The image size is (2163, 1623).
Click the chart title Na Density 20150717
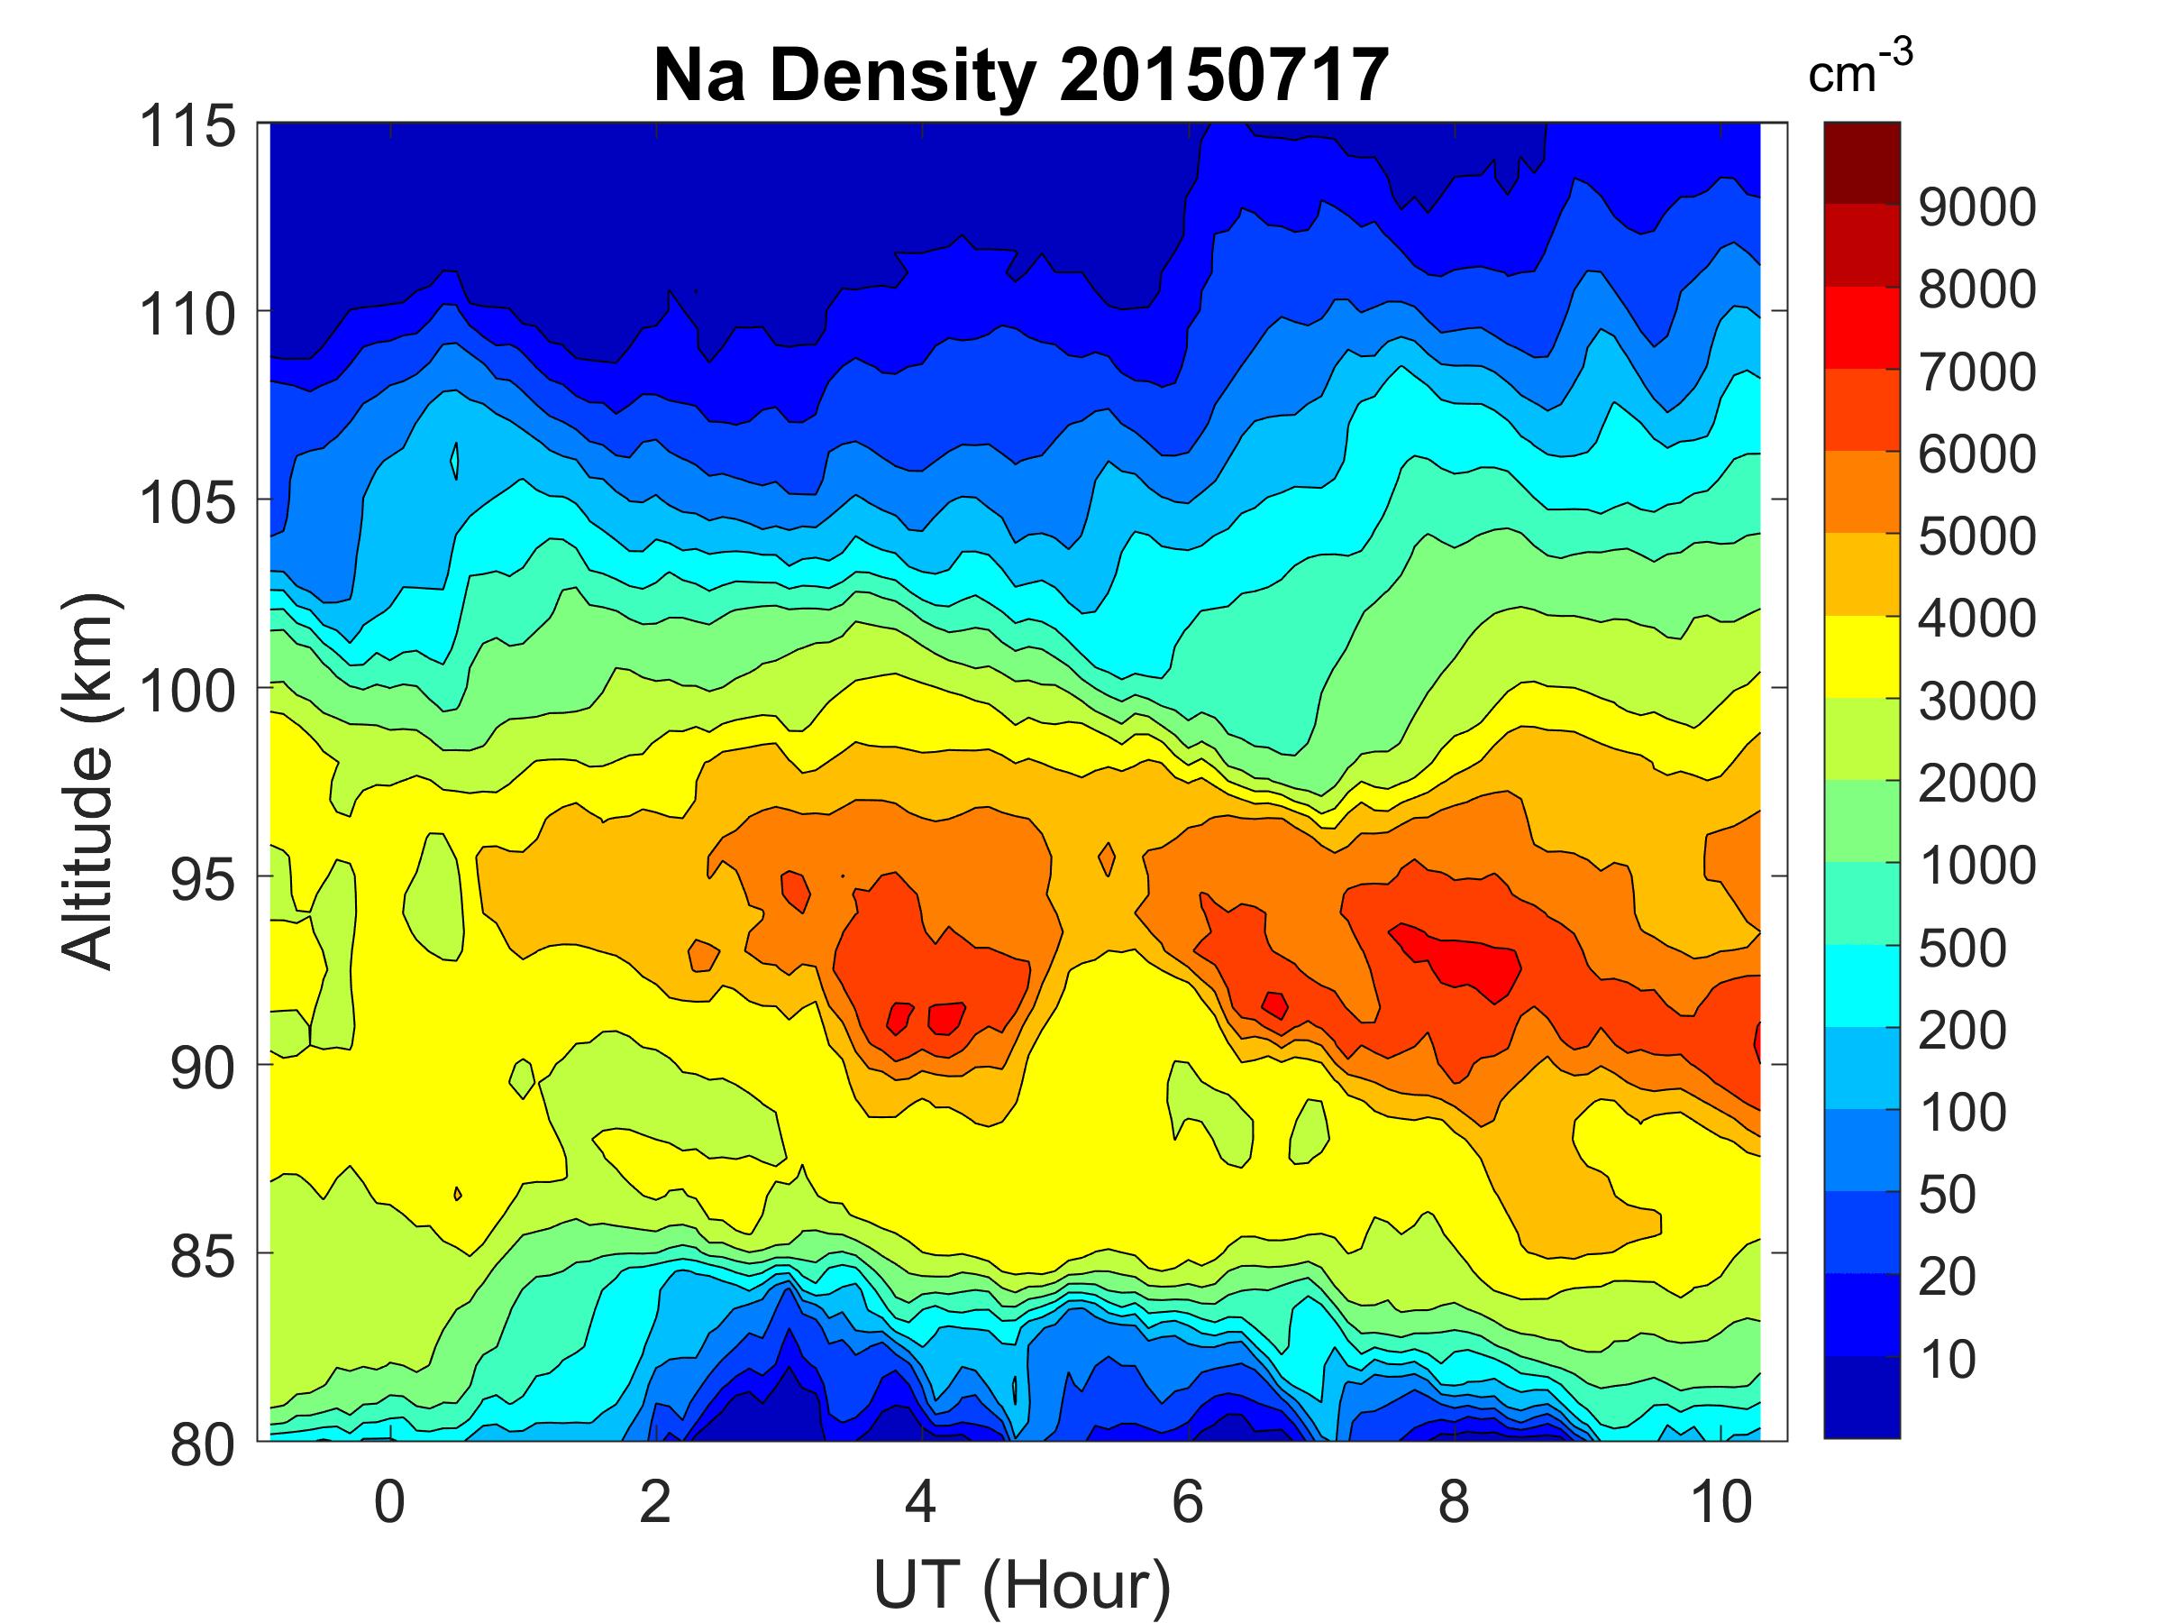[1020, 77]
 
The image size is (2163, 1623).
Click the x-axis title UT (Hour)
[1022, 1584]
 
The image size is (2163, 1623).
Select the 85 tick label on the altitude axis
[203, 1256]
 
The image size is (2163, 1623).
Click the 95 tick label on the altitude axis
[203, 879]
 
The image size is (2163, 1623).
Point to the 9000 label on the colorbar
[1976, 207]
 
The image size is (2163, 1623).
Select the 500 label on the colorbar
[1961, 948]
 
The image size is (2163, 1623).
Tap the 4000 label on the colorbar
[1976, 619]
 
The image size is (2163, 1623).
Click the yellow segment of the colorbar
[1862, 656]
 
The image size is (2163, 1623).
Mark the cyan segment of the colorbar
[1862, 986]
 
